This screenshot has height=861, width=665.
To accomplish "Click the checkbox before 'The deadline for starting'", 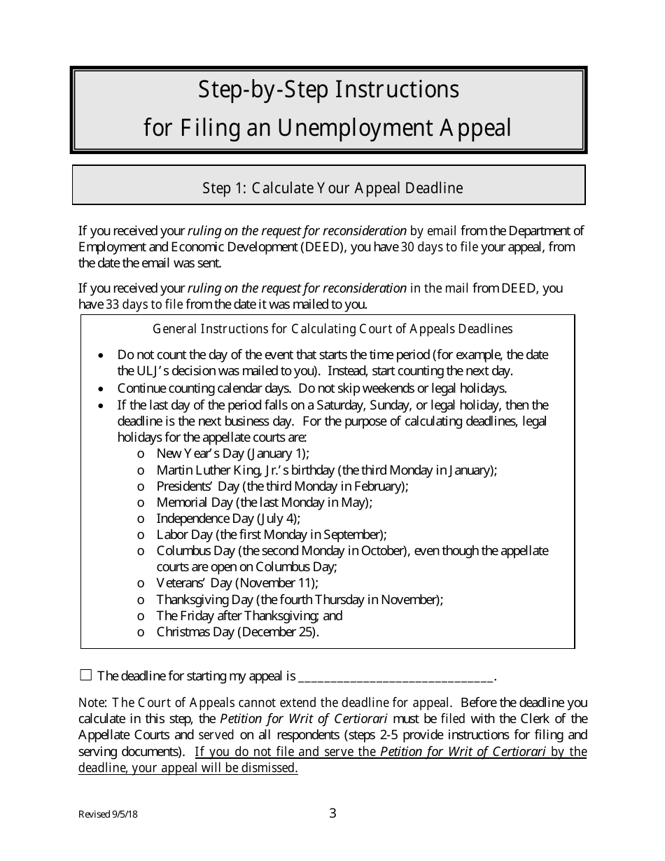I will [x=86, y=675].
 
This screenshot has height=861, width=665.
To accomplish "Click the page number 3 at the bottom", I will [x=332, y=813].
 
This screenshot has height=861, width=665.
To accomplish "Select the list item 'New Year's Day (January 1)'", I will [x=232, y=453].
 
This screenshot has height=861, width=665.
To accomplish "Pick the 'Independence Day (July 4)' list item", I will [x=228, y=518].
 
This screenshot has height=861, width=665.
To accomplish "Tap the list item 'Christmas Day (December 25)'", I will [x=237, y=631].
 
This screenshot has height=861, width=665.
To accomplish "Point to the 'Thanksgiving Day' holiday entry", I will [x=300, y=599].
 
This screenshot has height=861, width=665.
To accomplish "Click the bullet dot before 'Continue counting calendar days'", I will [x=103, y=388].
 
